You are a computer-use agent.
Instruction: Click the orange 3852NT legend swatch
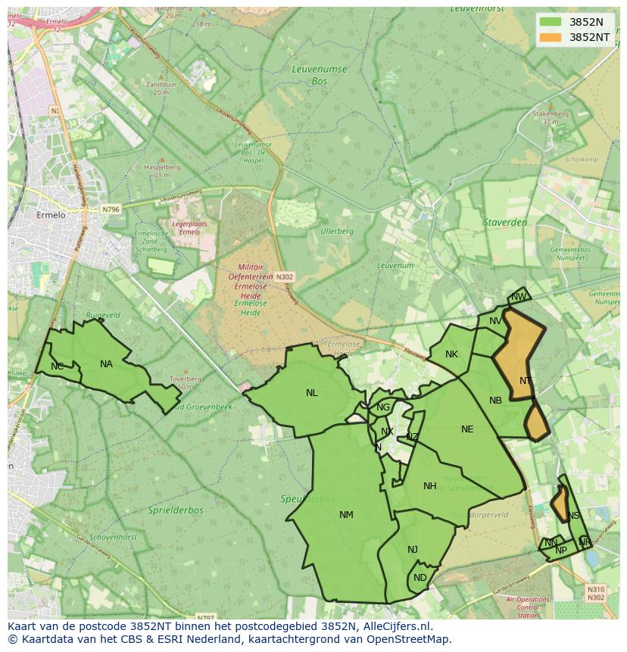point(551,37)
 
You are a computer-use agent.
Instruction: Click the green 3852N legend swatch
point(551,21)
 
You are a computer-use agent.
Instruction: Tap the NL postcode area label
point(312,393)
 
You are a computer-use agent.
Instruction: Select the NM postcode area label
point(346,515)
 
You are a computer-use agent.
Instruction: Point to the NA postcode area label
point(106,364)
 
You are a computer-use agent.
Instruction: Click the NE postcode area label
point(467,429)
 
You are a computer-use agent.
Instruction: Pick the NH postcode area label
point(430,486)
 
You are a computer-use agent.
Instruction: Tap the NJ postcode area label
point(413,550)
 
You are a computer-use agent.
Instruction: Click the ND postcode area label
point(420,578)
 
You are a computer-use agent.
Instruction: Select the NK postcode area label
point(452,354)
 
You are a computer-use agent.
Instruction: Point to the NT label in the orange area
point(526,381)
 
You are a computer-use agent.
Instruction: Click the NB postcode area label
point(495,401)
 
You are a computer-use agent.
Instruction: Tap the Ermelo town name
point(51,215)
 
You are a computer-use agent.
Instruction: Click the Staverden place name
point(505,223)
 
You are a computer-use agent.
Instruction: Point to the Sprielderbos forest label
point(175,510)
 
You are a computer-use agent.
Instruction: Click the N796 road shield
point(111,209)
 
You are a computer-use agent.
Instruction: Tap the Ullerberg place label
point(337,231)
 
